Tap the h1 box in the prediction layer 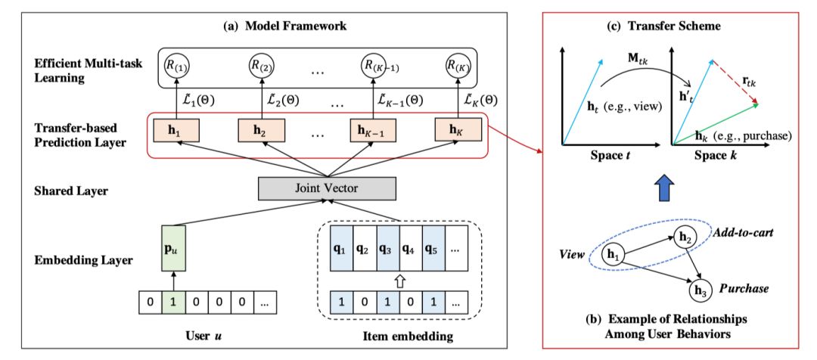[172, 130]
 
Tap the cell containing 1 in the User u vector [173, 303]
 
